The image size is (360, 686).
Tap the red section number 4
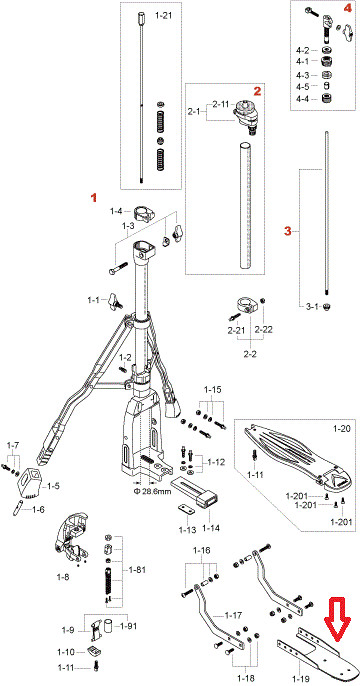pyautogui.click(x=346, y=9)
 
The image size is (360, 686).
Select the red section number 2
pyautogui.click(x=257, y=91)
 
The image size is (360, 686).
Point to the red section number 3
pyautogui.click(x=287, y=231)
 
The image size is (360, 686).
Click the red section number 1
pyautogui.click(x=93, y=198)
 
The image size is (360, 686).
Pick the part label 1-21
pyautogui.click(x=164, y=16)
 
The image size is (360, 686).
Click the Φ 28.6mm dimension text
pyautogui.click(x=151, y=491)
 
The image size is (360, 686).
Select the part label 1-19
pyautogui.click(x=300, y=679)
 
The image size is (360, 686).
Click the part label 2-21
pyautogui.click(x=236, y=331)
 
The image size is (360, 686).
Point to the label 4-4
pyautogui.click(x=303, y=99)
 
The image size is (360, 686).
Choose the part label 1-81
pyautogui.click(x=137, y=570)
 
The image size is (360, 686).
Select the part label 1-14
pyautogui.click(x=211, y=529)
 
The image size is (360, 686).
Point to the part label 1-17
pyautogui.click(x=234, y=616)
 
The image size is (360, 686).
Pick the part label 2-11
pyautogui.click(x=221, y=105)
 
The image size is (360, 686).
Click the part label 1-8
pyautogui.click(x=63, y=577)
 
